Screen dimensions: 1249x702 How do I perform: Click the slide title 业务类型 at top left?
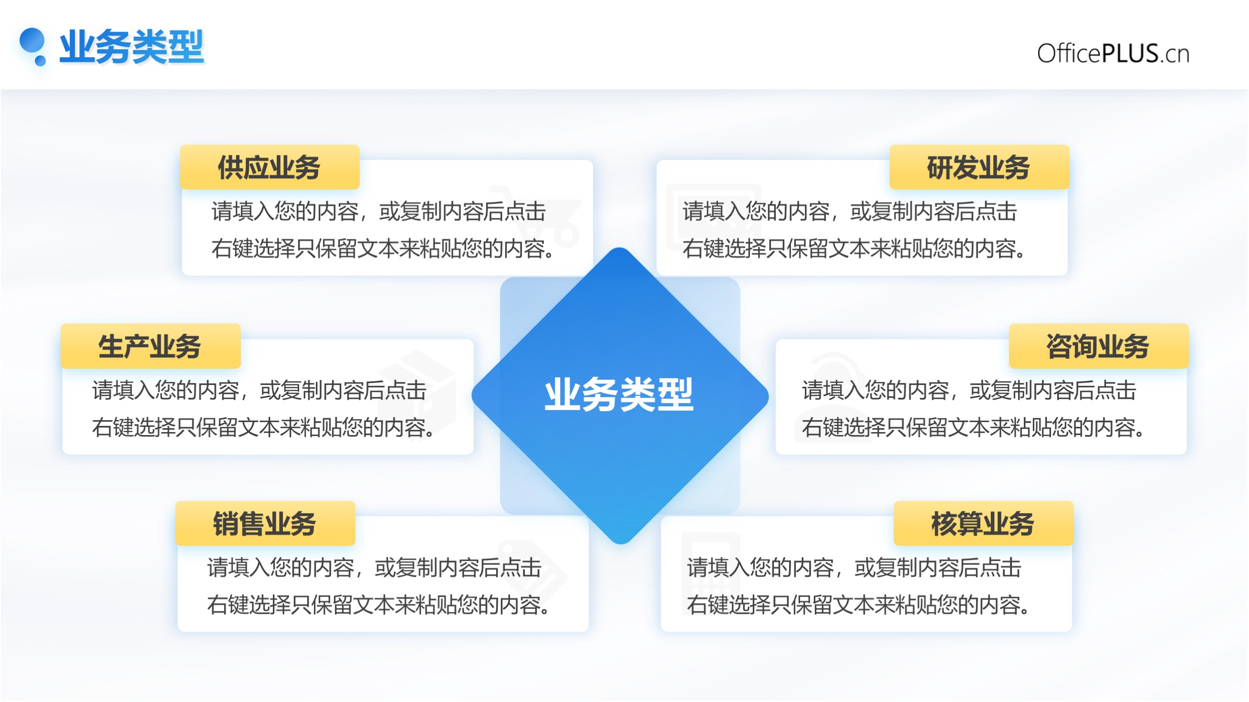(131, 47)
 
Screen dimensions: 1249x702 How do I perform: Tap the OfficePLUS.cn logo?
(1113, 53)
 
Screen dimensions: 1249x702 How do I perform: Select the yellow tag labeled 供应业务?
(270, 167)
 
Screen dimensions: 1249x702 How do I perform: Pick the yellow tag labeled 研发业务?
(979, 167)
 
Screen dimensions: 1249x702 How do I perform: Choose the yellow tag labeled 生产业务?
(150, 346)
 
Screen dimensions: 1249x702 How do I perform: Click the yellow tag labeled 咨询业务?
(1099, 346)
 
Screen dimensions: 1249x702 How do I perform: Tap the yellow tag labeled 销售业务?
(265, 524)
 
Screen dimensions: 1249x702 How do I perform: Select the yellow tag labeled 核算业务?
(983, 524)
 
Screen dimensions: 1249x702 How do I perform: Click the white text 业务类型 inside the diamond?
(619, 394)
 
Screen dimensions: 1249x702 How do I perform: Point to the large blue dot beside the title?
(32, 41)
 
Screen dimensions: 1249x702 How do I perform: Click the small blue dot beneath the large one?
(40, 61)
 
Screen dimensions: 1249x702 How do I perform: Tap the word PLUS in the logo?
(1130, 53)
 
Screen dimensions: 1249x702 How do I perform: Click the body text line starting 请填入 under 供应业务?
(379, 211)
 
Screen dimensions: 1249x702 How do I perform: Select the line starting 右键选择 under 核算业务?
(858, 605)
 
